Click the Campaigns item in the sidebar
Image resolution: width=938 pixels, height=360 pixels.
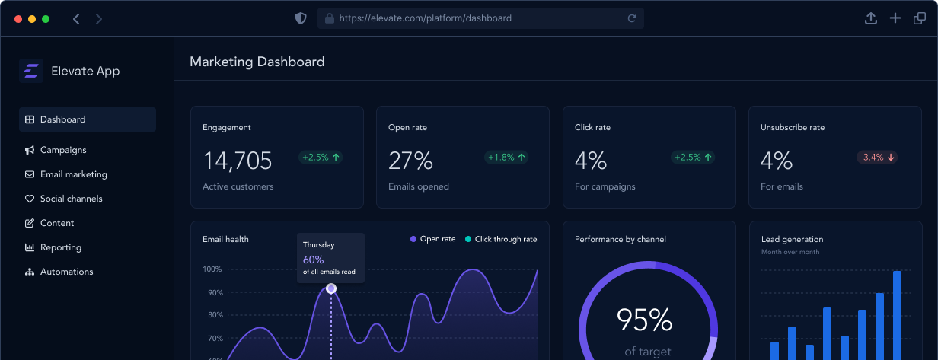coord(63,150)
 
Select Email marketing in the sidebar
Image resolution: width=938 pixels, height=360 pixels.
coord(73,174)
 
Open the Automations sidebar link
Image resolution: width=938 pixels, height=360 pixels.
coord(66,272)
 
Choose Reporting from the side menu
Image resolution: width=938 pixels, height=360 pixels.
coord(60,247)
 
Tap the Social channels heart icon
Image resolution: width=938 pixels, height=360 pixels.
coord(30,199)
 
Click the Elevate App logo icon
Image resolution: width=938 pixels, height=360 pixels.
coord(31,71)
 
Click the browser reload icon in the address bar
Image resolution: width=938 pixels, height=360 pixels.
coord(632,18)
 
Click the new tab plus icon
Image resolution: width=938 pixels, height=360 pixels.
coord(895,18)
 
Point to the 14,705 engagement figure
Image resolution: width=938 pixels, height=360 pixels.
coord(238,161)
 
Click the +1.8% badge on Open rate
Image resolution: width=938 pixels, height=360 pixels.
coord(506,158)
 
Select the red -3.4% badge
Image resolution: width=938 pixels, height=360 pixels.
coord(878,158)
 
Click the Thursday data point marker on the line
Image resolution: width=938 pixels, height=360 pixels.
coord(331,288)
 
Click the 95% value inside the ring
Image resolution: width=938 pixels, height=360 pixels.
coord(644,320)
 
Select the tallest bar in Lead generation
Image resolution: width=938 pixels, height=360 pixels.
coord(897,315)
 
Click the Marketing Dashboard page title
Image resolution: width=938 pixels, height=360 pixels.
coord(257,62)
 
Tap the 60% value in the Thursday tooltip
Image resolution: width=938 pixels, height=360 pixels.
coord(313,260)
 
